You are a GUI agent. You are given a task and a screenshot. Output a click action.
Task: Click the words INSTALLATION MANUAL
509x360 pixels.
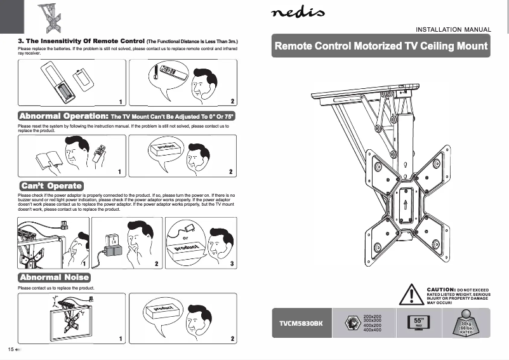[453, 29]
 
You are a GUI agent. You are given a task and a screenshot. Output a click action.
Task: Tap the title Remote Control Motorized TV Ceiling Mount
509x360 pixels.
[381, 46]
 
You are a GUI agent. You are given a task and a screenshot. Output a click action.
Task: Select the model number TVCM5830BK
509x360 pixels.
[301, 323]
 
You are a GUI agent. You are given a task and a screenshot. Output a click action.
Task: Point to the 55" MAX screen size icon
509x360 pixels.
[418, 323]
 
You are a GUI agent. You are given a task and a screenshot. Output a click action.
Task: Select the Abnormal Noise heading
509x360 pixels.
[55, 278]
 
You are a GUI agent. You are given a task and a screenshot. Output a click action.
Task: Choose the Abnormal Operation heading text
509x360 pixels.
[63, 117]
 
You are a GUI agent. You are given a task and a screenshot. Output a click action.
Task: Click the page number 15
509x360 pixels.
[11, 350]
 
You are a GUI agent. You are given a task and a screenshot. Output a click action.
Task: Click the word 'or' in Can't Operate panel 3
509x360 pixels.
[185, 238]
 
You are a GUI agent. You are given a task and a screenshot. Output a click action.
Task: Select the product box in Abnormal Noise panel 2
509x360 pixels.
[164, 312]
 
